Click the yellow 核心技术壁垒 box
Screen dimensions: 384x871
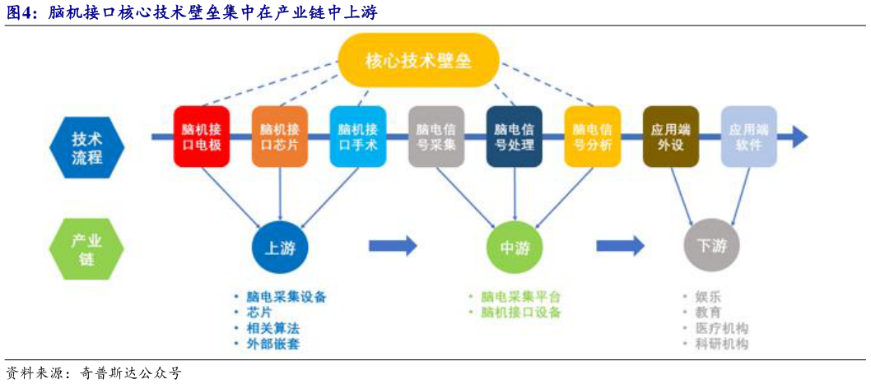pos(418,60)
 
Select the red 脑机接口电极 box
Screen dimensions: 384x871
pos(201,136)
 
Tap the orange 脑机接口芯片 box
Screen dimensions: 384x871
pos(279,136)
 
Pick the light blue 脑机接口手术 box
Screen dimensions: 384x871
pos(357,136)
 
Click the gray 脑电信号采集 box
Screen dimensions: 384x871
pos(436,136)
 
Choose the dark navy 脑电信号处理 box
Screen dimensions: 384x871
pos(514,136)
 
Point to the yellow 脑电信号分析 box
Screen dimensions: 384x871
pos(592,136)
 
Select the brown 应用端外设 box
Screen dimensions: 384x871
pos(670,136)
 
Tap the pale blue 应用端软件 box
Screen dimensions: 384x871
pos(748,136)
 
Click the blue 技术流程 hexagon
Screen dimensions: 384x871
pos(86,147)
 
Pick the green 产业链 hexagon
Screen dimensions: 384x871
pos(86,249)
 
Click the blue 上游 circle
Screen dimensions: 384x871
pos(280,248)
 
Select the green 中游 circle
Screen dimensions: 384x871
pos(515,248)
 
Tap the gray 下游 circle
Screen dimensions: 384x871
pos(711,246)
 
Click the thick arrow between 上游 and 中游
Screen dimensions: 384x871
pos(393,245)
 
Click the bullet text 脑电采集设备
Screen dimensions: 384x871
pos(286,296)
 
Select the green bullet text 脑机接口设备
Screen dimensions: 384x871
pos(520,312)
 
